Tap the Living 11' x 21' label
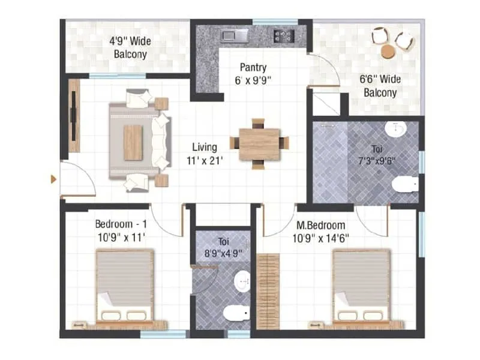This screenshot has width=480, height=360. (205, 154)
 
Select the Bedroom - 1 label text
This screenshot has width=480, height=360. (120, 230)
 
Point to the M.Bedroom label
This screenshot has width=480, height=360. (321, 231)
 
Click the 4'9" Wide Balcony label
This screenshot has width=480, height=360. (130, 48)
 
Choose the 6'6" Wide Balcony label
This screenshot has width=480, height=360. (380, 86)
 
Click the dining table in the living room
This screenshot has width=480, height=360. (259, 144)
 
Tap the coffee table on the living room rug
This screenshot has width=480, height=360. (133, 142)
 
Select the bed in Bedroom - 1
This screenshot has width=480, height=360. (125, 288)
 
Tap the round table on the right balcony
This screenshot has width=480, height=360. (388, 52)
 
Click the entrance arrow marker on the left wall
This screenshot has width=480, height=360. (54, 179)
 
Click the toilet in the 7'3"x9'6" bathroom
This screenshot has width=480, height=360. (407, 184)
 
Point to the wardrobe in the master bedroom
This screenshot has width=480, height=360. (268, 291)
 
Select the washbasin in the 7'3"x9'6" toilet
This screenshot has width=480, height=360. (396, 128)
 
